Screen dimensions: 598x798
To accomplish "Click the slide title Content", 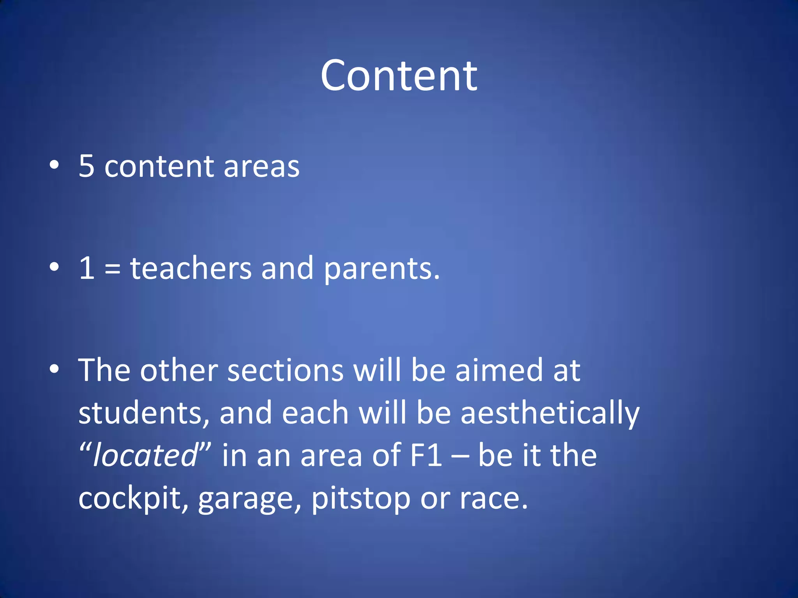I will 399,76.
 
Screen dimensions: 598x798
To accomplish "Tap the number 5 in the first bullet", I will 87,166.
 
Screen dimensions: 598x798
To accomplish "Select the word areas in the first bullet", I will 261,167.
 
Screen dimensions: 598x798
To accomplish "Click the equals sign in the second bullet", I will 112,269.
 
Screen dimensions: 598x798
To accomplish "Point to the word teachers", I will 191,268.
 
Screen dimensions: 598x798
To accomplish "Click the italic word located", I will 145,455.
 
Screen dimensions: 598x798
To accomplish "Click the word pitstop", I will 361,499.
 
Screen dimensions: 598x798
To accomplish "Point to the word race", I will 493,499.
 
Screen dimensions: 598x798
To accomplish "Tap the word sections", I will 285,370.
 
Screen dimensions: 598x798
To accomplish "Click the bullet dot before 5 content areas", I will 54,165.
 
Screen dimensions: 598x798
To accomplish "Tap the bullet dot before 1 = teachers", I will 54,267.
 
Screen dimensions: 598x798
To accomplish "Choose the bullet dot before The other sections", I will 54,369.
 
